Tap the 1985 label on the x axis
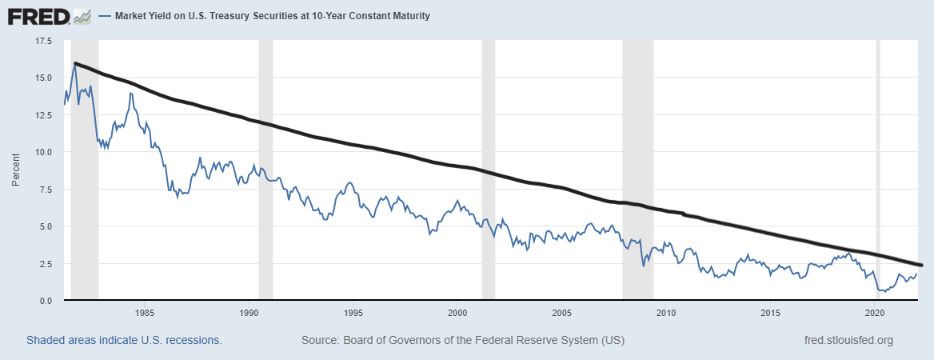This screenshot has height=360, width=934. pyautogui.click(x=145, y=313)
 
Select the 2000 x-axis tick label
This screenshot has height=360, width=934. pyautogui.click(x=457, y=313)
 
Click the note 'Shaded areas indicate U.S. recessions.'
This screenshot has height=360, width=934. pyautogui.click(x=124, y=340)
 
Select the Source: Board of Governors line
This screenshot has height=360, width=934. pyautogui.click(x=463, y=340)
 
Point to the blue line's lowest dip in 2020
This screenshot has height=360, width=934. pyautogui.click(x=884, y=292)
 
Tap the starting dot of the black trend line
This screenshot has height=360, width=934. pyautogui.click(x=75, y=63)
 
